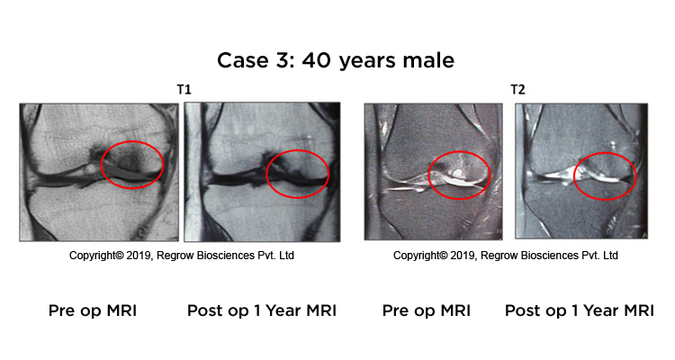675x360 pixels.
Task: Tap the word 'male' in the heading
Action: [x=428, y=60]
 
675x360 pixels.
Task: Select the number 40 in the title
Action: [x=317, y=60]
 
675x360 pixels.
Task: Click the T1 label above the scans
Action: [x=184, y=90]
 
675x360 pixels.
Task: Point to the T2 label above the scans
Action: [x=517, y=90]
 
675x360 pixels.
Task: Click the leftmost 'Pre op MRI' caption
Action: [x=93, y=310]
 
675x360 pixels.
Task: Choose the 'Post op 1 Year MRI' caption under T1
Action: [x=262, y=310]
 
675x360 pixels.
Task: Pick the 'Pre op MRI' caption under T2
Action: [x=427, y=310]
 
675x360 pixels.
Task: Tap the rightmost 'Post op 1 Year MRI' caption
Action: [x=580, y=310]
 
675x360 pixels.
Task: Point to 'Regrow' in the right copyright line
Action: [x=496, y=256]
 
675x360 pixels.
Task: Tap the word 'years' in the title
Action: [x=366, y=61]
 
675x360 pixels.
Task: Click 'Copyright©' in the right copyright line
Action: [x=420, y=256]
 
